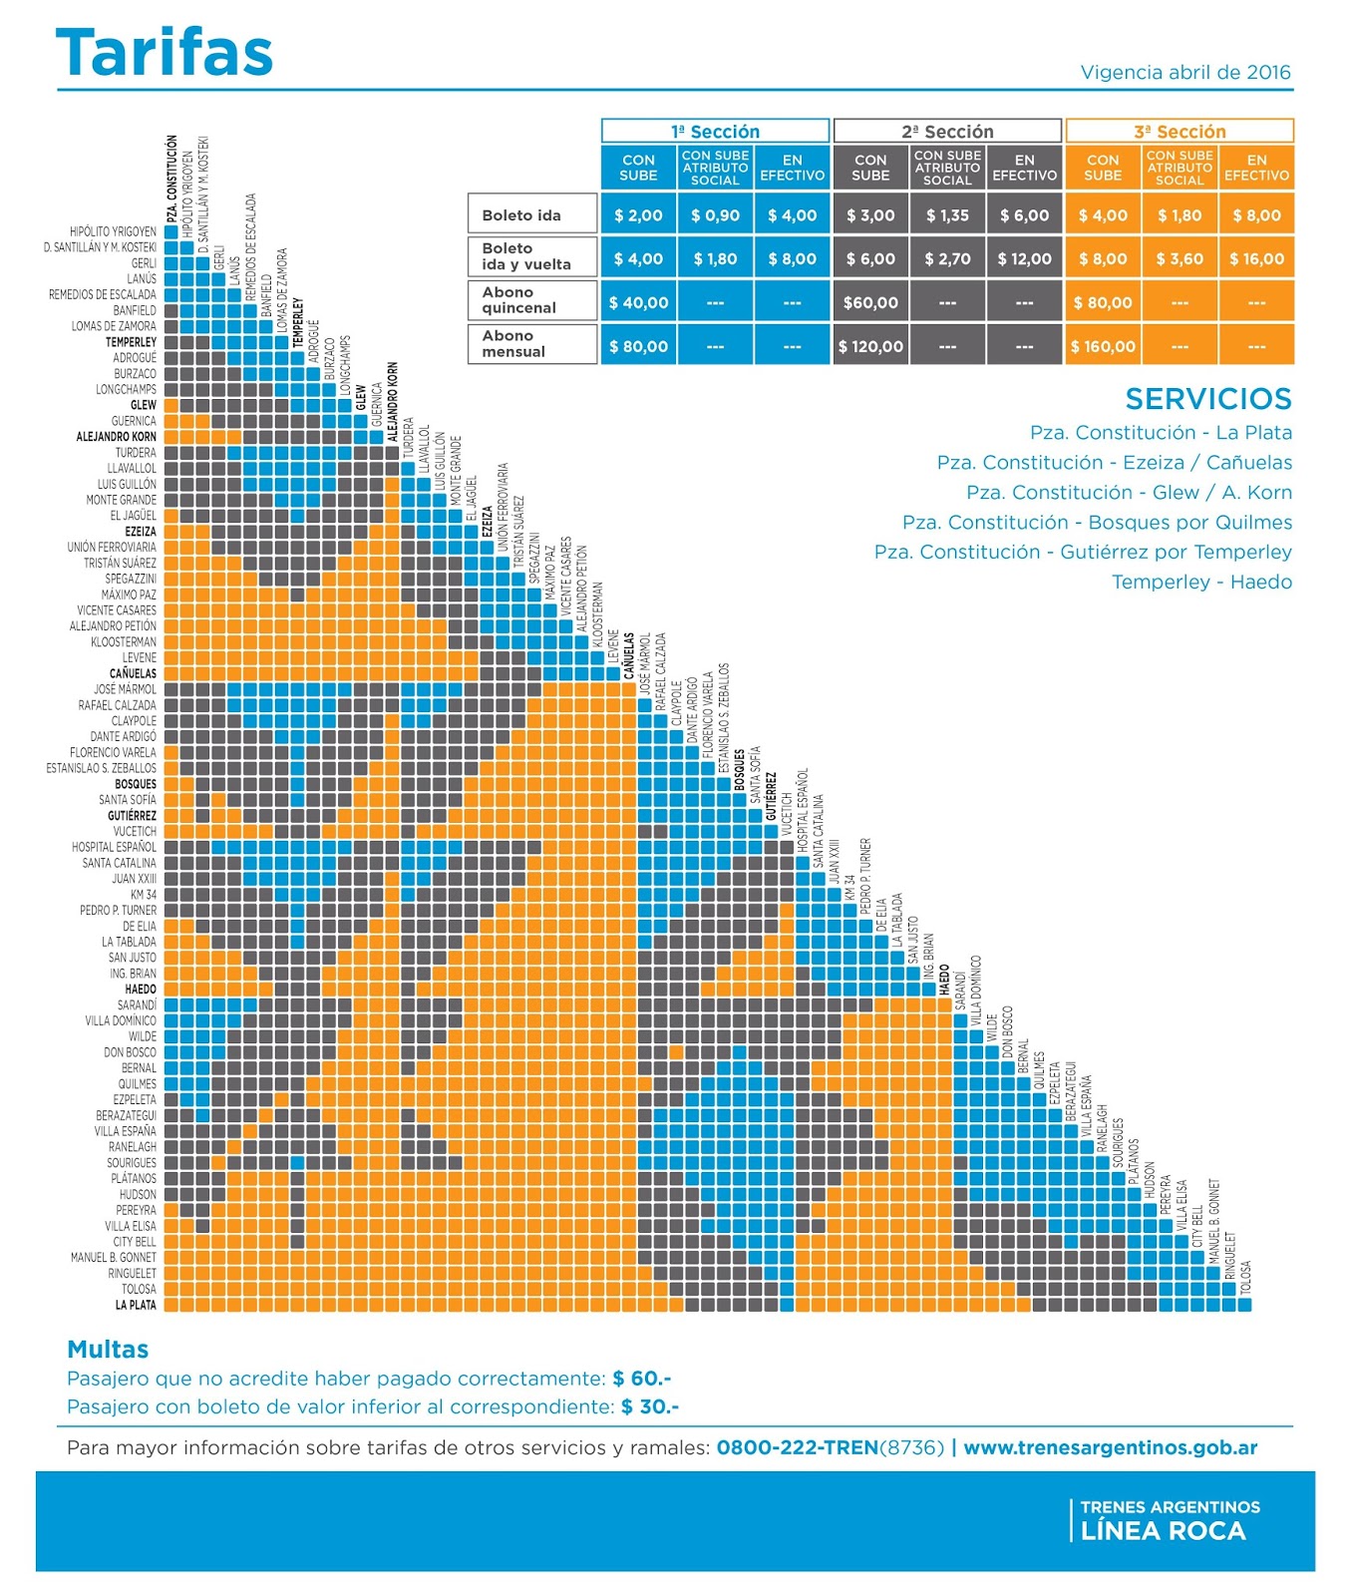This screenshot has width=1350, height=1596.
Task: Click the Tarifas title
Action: coord(165,53)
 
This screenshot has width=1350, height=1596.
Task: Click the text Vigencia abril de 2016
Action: coord(1184,73)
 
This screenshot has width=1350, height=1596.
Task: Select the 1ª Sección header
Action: coord(715,132)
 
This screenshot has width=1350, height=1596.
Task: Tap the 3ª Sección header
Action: coord(1180,132)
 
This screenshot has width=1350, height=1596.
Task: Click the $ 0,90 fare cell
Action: coord(715,215)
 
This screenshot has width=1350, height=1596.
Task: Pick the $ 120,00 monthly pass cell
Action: coord(870,347)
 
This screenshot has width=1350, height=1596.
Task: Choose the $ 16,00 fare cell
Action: coord(1256,259)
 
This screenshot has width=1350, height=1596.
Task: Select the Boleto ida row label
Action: coord(521,215)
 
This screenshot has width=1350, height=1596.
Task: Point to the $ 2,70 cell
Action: coord(947,259)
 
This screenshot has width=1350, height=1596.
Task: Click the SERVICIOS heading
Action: coord(1207,399)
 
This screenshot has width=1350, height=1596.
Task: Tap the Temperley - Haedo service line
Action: coord(1201,583)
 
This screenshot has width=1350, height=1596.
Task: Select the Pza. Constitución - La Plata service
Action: coord(1161,433)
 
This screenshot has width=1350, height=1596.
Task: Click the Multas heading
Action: coord(108,1350)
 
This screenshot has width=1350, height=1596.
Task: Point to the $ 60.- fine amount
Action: coord(642,1379)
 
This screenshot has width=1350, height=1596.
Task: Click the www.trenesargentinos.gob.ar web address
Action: coord(1110,1447)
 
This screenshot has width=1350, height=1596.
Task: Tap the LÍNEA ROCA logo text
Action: coord(1163,1531)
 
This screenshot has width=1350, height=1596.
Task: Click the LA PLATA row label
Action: coord(136,1305)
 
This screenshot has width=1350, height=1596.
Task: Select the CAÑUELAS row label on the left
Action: coord(133,673)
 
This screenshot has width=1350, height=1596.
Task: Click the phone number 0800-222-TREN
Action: coord(797,1447)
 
